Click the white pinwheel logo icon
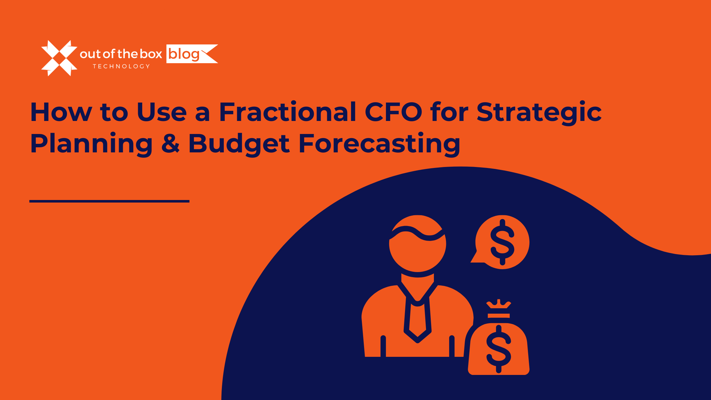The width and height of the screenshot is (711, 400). (x=59, y=58)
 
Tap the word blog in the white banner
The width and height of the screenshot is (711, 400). (x=183, y=54)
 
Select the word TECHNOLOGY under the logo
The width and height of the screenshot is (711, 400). (x=121, y=66)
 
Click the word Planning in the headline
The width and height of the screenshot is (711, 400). (x=91, y=143)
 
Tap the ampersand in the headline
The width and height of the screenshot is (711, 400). (x=171, y=143)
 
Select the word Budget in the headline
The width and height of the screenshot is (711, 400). (x=239, y=143)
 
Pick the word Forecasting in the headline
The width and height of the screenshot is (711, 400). (x=379, y=143)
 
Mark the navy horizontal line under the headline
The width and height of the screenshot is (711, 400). (x=109, y=201)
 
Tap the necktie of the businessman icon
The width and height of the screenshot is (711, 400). (x=417, y=321)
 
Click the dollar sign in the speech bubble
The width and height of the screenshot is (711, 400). (x=502, y=242)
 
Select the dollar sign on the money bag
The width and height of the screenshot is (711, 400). (x=499, y=349)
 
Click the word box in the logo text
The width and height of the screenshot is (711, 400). (x=151, y=54)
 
